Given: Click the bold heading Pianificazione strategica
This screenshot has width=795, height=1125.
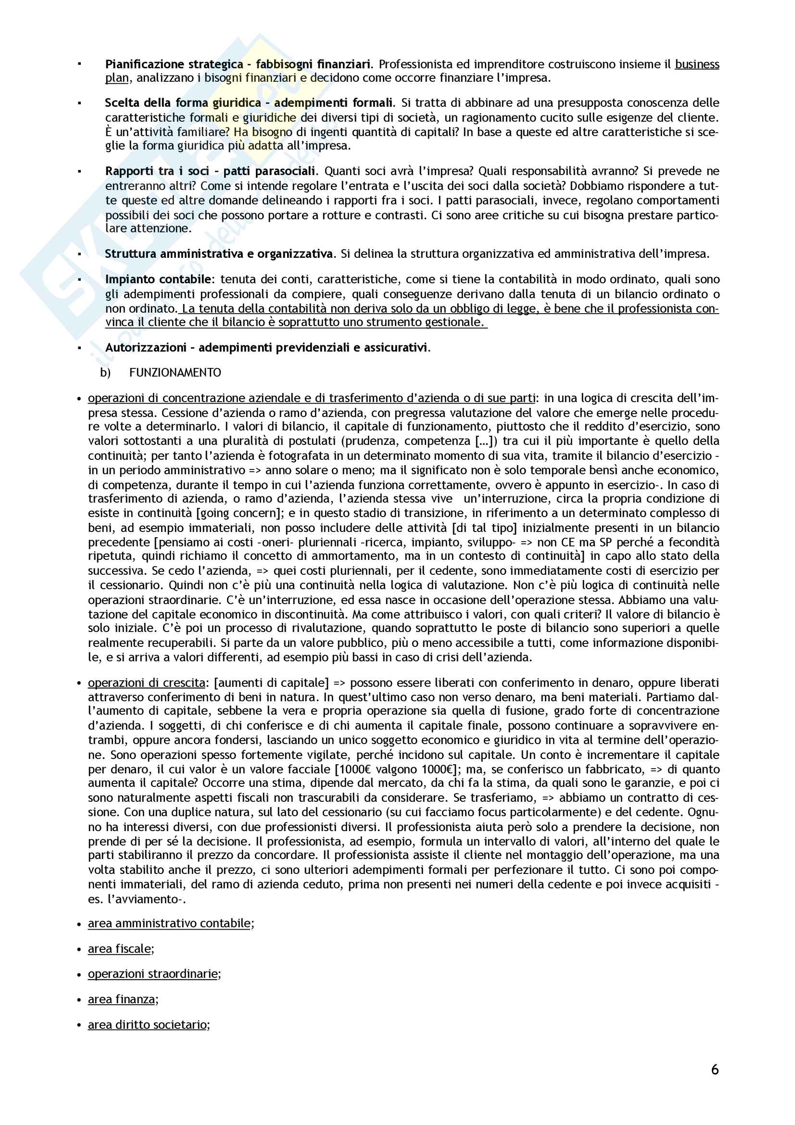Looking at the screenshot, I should pyautogui.click(x=175, y=64).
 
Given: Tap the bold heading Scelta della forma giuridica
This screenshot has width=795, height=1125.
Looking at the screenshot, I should pyautogui.click(x=183, y=103).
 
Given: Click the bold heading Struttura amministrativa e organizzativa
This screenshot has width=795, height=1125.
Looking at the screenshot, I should pyautogui.click(x=219, y=254).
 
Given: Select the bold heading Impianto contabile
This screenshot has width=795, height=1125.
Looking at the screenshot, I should pyautogui.click(x=158, y=279).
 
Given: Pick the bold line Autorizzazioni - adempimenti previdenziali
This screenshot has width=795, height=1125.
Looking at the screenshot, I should pyautogui.click(x=267, y=347).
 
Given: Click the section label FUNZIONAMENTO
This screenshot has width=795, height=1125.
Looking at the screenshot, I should pyautogui.click(x=175, y=373).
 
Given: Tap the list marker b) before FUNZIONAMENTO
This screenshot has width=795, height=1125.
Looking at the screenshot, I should pyautogui.click(x=105, y=373).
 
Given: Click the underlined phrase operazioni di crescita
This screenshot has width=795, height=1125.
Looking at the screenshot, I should pyautogui.click(x=147, y=683).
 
